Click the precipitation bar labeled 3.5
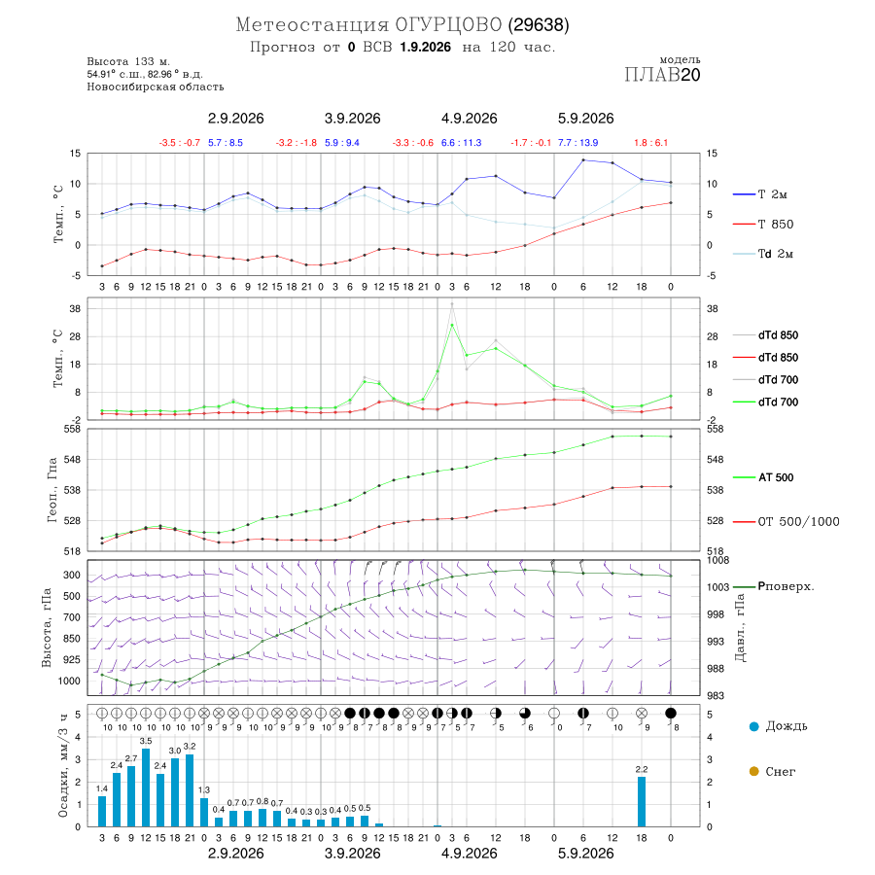(x=146, y=787)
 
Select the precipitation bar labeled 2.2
(x=642, y=802)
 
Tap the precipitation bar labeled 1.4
(x=102, y=811)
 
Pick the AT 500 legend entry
(x=776, y=477)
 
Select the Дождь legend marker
(x=754, y=726)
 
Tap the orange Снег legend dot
(x=754, y=771)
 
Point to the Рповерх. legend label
(x=786, y=586)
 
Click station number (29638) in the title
(x=539, y=24)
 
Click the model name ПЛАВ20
(x=662, y=74)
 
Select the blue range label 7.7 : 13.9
(x=578, y=143)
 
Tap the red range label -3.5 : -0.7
(x=179, y=143)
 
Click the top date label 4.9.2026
(x=470, y=119)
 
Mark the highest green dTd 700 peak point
(x=452, y=325)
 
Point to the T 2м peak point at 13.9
(x=583, y=160)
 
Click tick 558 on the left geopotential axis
(x=73, y=429)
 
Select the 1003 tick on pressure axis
(x=718, y=587)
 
